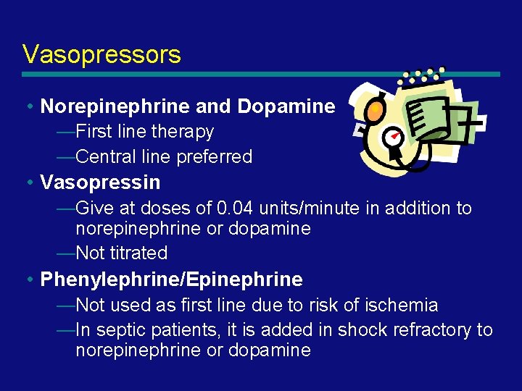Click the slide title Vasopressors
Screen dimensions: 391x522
pos(101,54)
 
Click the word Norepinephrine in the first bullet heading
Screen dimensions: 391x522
pos(116,107)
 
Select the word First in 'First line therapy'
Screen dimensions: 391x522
pos(92,132)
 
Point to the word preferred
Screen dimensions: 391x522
pos(217,156)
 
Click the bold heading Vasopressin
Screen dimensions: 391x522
pos(100,182)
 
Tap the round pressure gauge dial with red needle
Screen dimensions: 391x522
pos(393,138)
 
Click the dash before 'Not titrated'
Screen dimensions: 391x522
pos(65,253)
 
